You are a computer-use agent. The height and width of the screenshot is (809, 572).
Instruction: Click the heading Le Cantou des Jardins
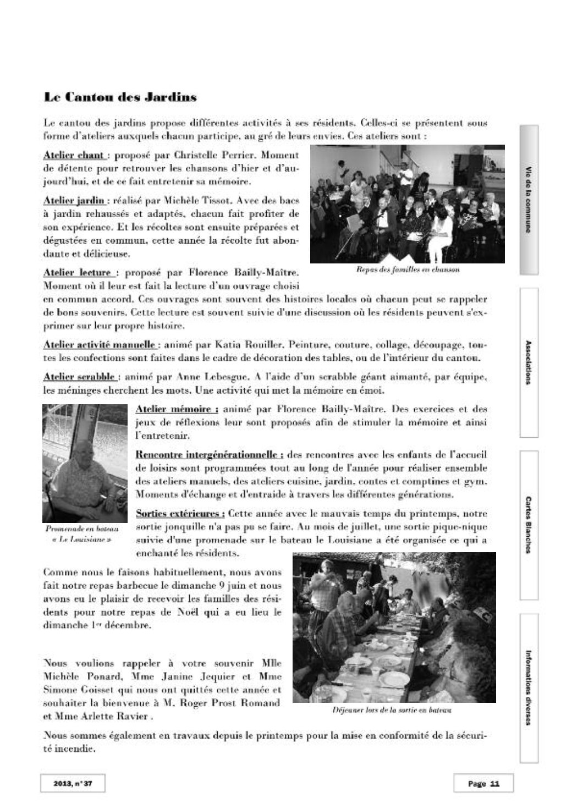click(120, 98)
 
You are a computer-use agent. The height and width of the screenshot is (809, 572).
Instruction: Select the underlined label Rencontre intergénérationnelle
click(209, 455)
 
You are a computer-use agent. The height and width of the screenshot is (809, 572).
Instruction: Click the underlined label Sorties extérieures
click(179, 514)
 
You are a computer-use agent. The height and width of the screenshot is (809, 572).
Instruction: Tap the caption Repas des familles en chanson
click(408, 270)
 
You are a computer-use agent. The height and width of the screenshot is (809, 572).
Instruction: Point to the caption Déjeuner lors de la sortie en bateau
click(392, 711)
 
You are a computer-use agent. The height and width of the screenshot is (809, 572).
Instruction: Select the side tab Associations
click(528, 362)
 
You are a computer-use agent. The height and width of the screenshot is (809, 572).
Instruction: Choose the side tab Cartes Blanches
click(528, 525)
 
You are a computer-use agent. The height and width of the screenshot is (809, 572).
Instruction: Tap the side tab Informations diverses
click(528, 687)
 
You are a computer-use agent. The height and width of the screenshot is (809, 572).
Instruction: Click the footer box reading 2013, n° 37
click(72, 783)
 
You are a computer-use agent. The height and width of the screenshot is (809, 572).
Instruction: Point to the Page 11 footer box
click(483, 783)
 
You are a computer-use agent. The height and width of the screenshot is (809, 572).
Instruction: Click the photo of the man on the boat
click(85, 463)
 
